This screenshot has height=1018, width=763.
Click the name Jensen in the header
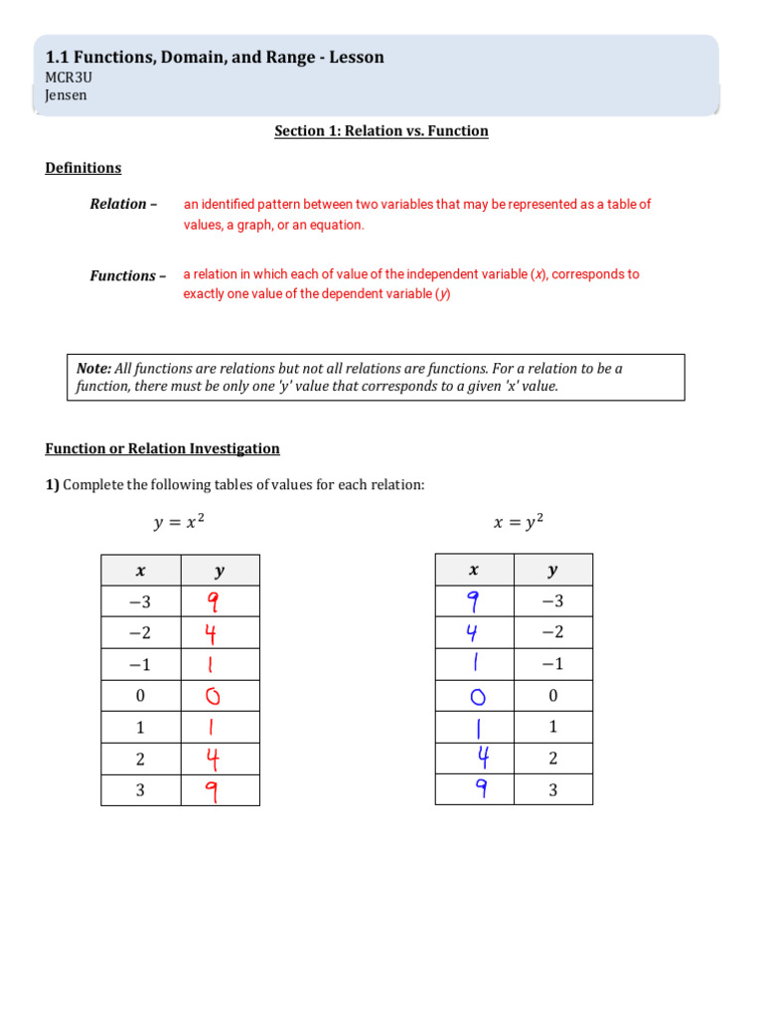[66, 95]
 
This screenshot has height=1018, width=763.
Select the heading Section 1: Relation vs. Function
[381, 131]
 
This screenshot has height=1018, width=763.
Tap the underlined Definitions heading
[83, 168]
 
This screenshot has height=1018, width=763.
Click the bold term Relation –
[123, 204]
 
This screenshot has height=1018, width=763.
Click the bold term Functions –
[128, 275]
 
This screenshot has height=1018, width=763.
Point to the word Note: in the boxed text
[95, 369]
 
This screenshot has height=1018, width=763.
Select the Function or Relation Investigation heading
[163, 448]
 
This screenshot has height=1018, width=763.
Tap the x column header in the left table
[140, 571]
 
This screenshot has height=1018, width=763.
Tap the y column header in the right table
[552, 570]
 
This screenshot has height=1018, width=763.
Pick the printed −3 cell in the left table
[140, 601]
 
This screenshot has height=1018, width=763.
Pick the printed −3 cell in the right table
[552, 600]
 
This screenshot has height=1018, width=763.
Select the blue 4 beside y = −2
[475, 632]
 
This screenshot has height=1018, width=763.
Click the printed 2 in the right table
[552, 759]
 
